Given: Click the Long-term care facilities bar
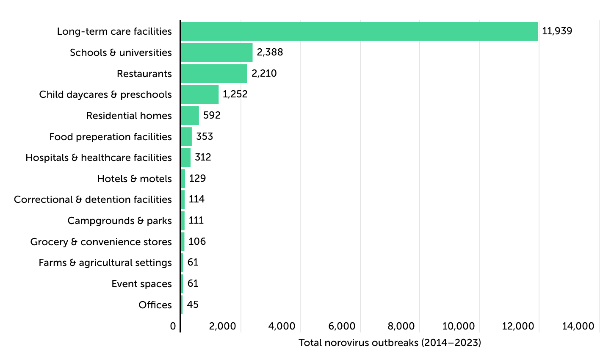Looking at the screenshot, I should point(359,31).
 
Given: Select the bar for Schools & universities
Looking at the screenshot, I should point(217,53).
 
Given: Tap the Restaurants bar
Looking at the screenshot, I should point(214,73).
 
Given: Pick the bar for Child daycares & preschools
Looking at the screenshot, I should point(200,94).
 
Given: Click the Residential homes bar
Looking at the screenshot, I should point(190,116).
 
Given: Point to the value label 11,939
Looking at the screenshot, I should point(557,31).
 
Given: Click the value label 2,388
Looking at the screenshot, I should point(270,52).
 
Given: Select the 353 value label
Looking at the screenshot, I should point(205,136).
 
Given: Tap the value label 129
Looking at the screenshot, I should point(197,178).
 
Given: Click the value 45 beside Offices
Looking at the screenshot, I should point(193,305).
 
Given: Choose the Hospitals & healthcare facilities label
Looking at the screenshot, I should point(99,158).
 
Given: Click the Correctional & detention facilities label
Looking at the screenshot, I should point(93,199).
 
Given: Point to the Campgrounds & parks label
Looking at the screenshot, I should point(119,221).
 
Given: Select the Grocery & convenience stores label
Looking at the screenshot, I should point(101,242).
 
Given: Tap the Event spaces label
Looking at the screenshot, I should point(141,284).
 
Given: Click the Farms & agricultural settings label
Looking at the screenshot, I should point(105,263).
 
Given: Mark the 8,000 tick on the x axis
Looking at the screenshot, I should point(401,326).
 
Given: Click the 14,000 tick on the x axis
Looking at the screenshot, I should point(578,326).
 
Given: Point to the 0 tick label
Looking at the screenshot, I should point(173,326).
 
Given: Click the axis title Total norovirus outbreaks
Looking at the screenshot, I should point(390,343).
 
